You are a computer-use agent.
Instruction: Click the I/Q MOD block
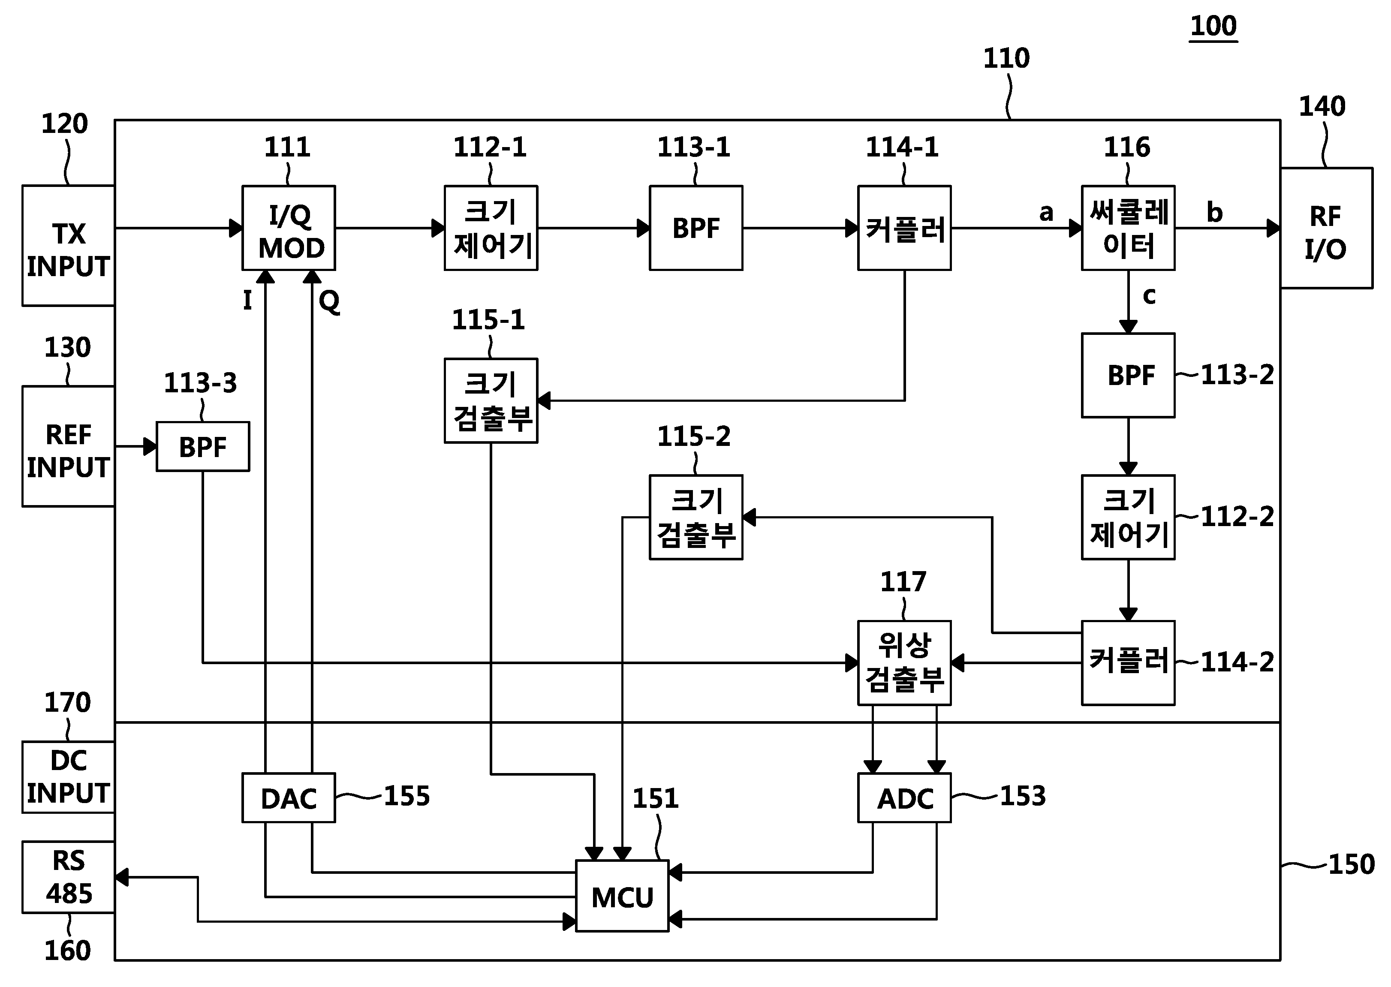tap(289, 228)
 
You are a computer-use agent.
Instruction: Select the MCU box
tap(622, 896)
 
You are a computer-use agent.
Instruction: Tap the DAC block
tap(289, 798)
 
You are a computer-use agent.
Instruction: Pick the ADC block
tap(904, 798)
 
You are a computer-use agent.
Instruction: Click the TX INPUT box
tap(69, 246)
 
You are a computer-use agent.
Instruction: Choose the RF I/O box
tap(1327, 228)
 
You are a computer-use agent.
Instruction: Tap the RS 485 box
tap(69, 877)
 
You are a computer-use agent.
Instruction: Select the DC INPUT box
tap(69, 777)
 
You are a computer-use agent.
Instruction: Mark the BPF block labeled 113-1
tap(696, 228)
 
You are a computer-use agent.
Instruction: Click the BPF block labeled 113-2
tap(1128, 375)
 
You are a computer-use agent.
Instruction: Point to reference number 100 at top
tap(1213, 26)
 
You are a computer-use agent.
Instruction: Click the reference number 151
tap(655, 798)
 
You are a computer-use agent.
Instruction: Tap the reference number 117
tap(903, 582)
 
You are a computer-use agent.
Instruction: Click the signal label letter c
tap(1149, 296)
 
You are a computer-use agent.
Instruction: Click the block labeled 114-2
tap(1128, 662)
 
